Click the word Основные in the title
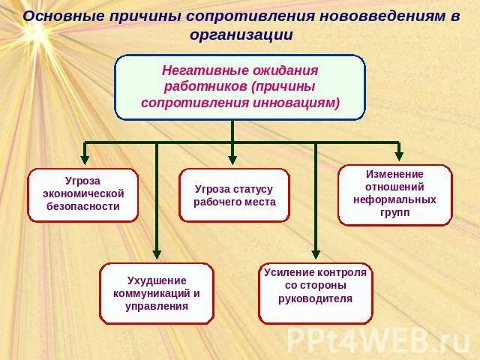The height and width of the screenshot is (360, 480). (x=59, y=16)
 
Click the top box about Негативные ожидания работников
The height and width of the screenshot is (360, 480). (x=240, y=86)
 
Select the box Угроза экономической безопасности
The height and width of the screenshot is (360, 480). (x=83, y=195)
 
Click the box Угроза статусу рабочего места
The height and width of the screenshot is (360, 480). (x=234, y=195)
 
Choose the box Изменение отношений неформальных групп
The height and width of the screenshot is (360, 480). (x=394, y=195)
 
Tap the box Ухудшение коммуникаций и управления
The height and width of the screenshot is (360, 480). (x=157, y=293)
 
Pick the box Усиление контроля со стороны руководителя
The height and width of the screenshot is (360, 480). (x=315, y=293)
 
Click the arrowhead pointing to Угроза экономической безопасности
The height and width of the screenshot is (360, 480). (x=85, y=159)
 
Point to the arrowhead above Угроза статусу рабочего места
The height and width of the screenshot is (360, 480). (x=232, y=159)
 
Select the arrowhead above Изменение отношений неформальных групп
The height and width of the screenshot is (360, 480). (x=398, y=154)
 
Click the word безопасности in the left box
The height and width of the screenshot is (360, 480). (x=83, y=206)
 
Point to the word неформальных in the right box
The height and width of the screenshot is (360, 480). (x=394, y=200)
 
